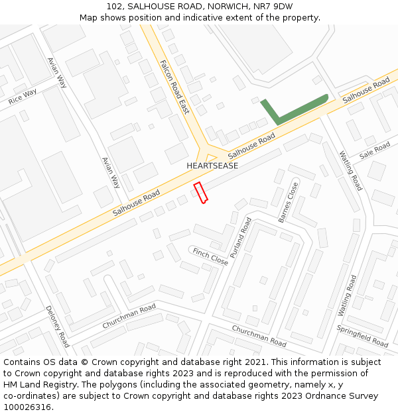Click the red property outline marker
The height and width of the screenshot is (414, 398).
[201, 192]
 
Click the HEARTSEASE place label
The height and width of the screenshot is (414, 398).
[212, 166]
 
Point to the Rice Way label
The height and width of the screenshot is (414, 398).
[23, 97]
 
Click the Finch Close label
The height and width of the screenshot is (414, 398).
[210, 256]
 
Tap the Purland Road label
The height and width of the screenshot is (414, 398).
[241, 237]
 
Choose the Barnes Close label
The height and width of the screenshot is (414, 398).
[288, 203]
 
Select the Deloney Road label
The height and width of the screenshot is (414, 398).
[57, 326]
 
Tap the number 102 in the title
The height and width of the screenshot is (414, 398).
[115, 7]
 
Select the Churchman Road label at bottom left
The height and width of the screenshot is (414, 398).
[129, 316]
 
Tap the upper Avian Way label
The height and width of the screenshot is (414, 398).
[57, 72]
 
